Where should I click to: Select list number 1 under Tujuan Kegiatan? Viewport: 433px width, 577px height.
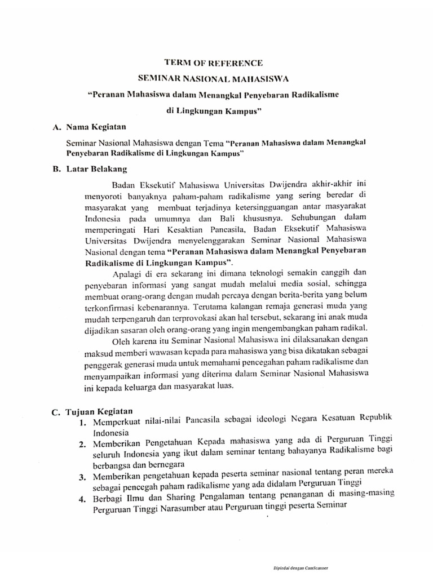point(82,423)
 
